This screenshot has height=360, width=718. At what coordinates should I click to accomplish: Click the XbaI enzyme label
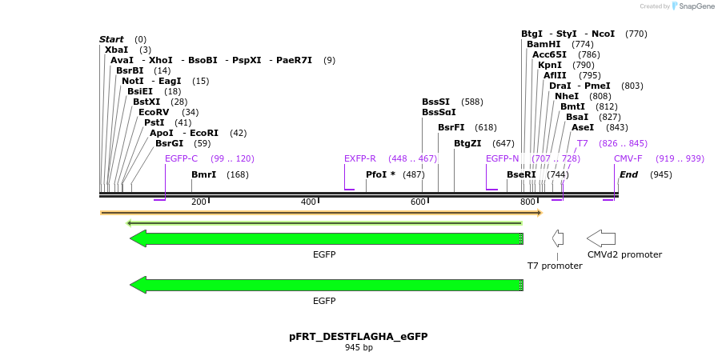click(116, 50)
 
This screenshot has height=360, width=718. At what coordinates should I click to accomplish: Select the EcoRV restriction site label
click(154, 112)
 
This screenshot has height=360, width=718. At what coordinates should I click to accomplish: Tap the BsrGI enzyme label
click(170, 143)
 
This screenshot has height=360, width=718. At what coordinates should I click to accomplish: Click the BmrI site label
click(203, 174)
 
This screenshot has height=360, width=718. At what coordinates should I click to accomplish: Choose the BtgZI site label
click(467, 143)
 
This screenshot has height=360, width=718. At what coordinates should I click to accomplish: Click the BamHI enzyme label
click(544, 44)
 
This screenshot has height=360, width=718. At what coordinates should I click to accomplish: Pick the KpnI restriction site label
click(550, 65)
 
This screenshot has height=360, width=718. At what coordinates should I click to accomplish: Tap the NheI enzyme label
click(567, 96)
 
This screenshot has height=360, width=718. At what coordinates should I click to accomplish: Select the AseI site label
click(583, 127)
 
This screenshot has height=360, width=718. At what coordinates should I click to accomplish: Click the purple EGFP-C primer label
click(181, 158)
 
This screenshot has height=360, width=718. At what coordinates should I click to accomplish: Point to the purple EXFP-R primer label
click(360, 158)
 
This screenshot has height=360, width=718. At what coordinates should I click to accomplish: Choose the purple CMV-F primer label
click(628, 158)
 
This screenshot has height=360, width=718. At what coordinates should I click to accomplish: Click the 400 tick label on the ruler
click(309, 202)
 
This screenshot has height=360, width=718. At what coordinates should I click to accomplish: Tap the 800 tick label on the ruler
click(527, 202)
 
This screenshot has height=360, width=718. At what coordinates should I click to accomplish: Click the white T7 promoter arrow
click(558, 238)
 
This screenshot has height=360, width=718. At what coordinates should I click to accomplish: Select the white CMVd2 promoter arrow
click(601, 238)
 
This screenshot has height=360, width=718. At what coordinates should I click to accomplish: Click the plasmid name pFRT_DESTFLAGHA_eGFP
click(359, 337)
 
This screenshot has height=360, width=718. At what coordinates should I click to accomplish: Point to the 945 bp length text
click(359, 348)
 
